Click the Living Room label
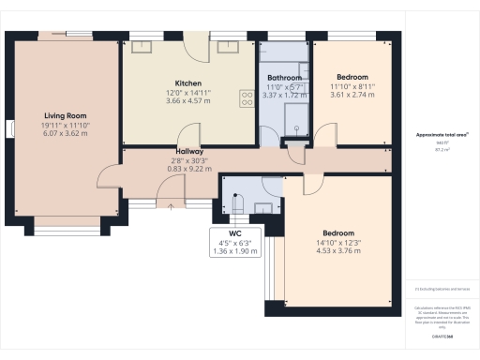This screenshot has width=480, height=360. coord(65,115)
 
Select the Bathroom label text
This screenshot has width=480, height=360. coord(283,78)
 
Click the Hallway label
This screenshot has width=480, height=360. coord(190,151)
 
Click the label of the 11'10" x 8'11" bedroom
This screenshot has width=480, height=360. coord(352,77)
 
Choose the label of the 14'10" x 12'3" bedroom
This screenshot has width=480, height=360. coord(338,232)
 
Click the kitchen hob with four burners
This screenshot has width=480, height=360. coord(248,95)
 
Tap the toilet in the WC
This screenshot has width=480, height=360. coord(234,203)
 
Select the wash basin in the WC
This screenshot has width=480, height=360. coord(264,207)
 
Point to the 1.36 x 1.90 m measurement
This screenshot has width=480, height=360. coord(234,250)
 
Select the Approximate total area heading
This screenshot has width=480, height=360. coord(442,135)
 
